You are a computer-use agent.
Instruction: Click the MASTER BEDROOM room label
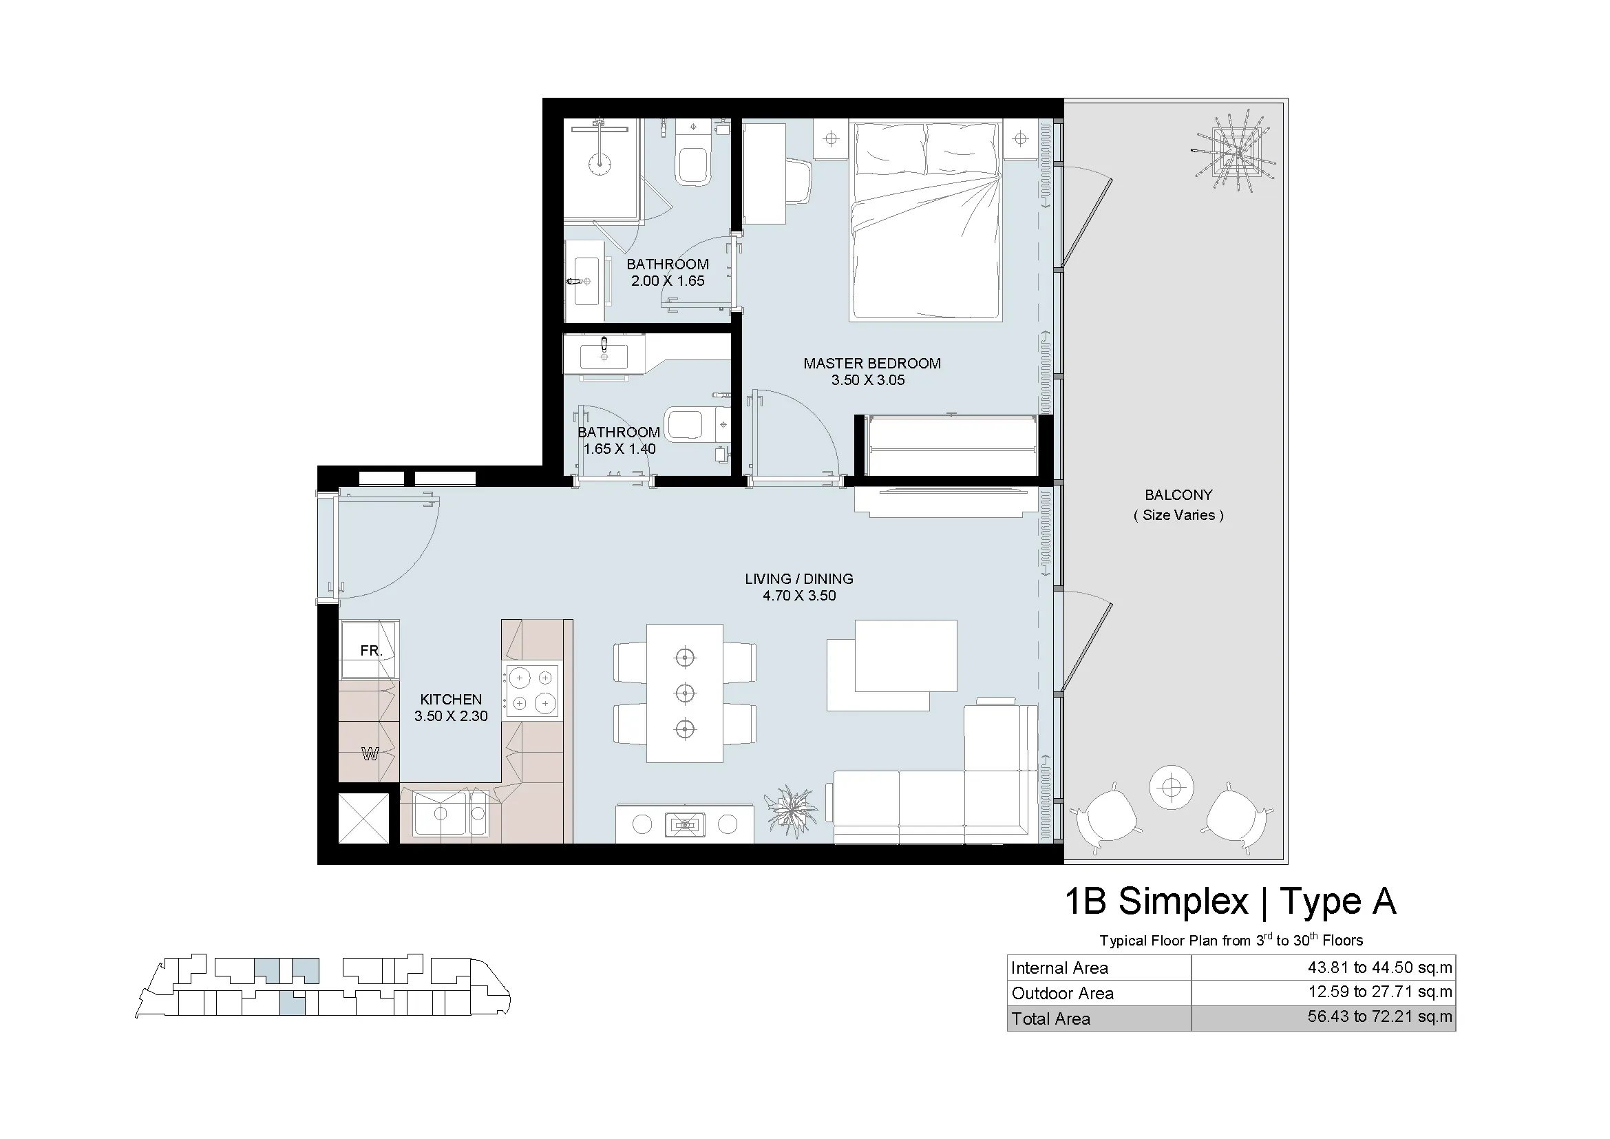(x=871, y=364)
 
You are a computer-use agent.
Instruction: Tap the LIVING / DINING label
(x=798, y=578)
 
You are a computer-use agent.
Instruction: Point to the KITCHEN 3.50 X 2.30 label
(x=451, y=707)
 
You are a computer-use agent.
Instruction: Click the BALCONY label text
(x=1178, y=494)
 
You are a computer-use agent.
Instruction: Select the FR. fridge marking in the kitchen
(x=371, y=651)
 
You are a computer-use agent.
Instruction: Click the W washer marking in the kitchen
(x=370, y=754)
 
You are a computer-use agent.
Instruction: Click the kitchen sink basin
(x=441, y=813)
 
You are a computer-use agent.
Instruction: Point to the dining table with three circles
(x=684, y=693)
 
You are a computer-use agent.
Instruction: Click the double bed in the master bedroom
(x=925, y=222)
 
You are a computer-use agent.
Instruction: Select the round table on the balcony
(x=1171, y=786)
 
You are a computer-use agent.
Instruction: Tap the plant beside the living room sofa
(x=792, y=812)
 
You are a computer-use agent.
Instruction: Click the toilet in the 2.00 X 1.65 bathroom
(x=693, y=158)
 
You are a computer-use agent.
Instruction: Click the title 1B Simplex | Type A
(x=1231, y=901)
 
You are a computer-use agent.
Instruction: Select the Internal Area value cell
(x=1323, y=968)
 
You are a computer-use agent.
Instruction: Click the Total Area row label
(x=1050, y=1019)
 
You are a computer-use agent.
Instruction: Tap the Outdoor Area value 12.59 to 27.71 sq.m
(x=1380, y=992)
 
